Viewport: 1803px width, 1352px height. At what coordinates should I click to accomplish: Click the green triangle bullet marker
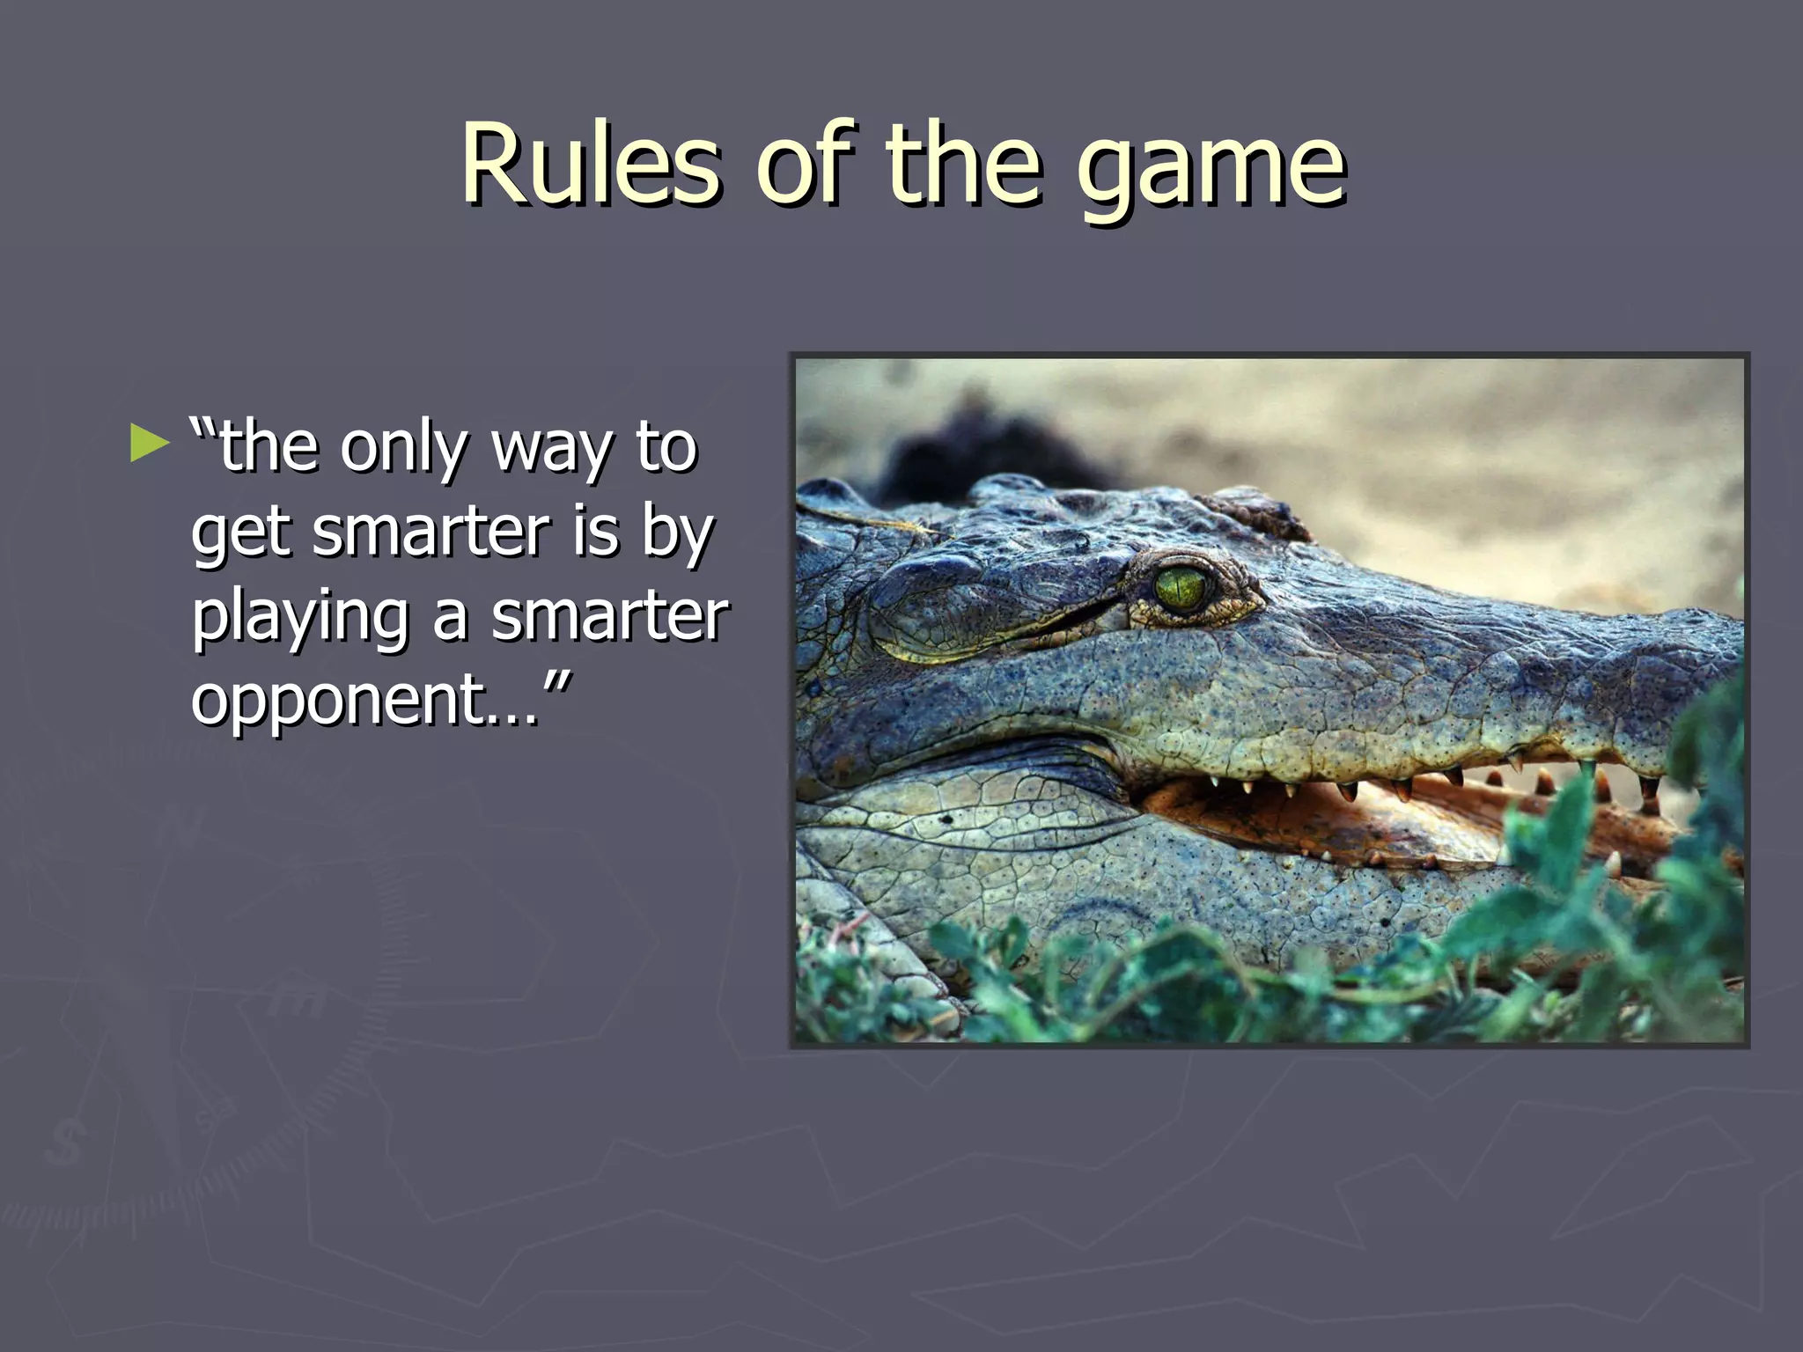point(148,444)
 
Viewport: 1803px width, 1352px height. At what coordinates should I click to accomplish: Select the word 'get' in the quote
point(240,535)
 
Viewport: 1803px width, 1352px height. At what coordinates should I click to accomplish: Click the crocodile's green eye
point(1180,588)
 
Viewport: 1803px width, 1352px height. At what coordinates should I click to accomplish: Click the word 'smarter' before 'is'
point(431,533)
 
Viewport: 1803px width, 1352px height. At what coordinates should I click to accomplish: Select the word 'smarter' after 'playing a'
point(609,616)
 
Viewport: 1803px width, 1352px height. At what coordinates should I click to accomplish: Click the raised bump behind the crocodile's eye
point(1259,515)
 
